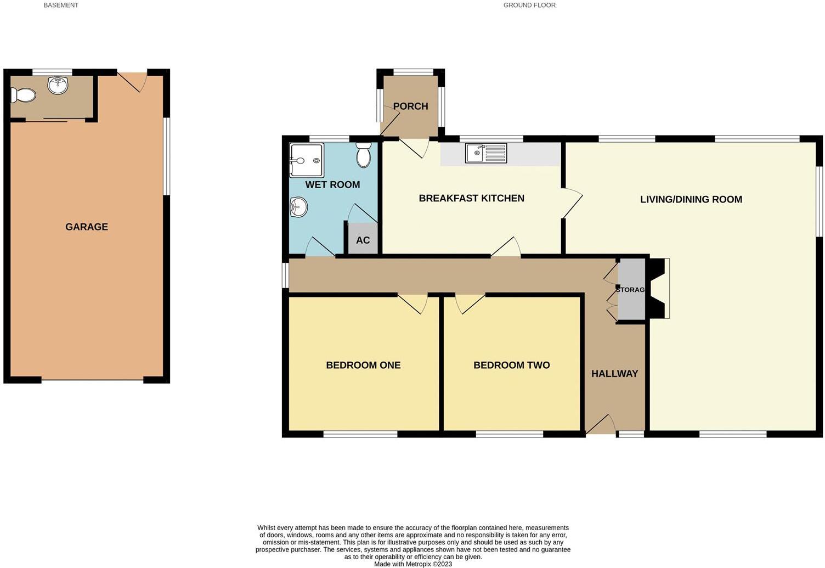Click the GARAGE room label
click(87, 227)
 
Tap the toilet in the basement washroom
click(23, 95)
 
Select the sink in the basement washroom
click(58, 86)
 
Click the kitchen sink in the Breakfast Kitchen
click(486, 153)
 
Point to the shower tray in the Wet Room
click(307, 160)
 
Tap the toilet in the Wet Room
click(363, 155)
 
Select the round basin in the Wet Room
click(298, 207)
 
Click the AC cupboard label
click(363, 240)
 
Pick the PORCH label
click(410, 106)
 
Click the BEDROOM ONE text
click(363, 365)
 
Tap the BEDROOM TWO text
click(511, 365)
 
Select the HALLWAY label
click(614, 374)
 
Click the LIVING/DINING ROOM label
click(691, 200)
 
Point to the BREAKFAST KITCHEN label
click(471, 198)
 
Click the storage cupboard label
click(630, 289)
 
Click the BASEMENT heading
click(61, 5)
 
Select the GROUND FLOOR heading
click(529, 5)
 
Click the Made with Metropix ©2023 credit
click(412, 564)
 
